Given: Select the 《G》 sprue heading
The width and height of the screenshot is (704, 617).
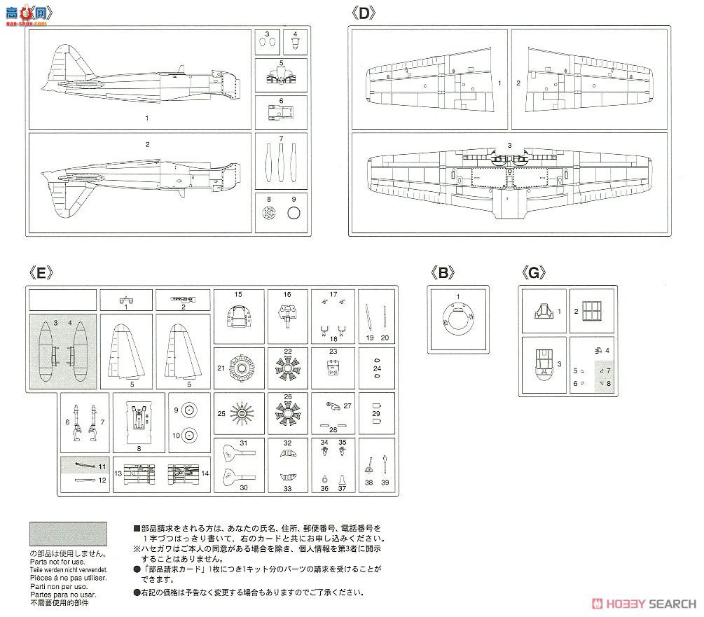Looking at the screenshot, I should [533, 274].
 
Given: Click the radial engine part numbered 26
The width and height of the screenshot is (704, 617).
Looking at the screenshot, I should [287, 415].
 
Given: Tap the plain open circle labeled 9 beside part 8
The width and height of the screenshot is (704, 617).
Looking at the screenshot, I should [294, 213].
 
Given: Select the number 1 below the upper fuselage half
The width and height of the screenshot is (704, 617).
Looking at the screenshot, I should [147, 118].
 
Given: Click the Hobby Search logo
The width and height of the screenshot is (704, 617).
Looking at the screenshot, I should [644, 604].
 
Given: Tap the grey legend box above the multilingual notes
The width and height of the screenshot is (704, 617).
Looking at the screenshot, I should [67, 534].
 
